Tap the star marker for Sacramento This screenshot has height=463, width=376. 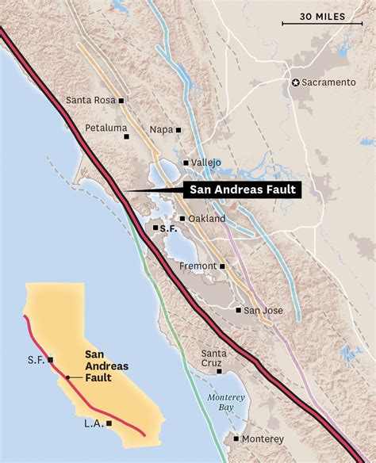click(x=297, y=82)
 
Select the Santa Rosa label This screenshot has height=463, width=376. click(x=90, y=101)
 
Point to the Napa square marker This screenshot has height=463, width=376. click(x=178, y=129)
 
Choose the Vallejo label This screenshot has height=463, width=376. click(x=206, y=163)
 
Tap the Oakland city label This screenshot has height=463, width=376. click(x=209, y=218)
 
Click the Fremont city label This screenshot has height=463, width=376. click(x=198, y=266)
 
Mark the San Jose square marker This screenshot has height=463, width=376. click(x=238, y=310)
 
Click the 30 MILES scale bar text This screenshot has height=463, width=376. click(x=327, y=17)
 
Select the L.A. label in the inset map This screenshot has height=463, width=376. click(x=94, y=423)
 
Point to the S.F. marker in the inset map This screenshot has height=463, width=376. click(x=51, y=359)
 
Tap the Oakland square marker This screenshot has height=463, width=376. click(x=182, y=218)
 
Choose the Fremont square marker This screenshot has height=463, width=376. click(x=223, y=266)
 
